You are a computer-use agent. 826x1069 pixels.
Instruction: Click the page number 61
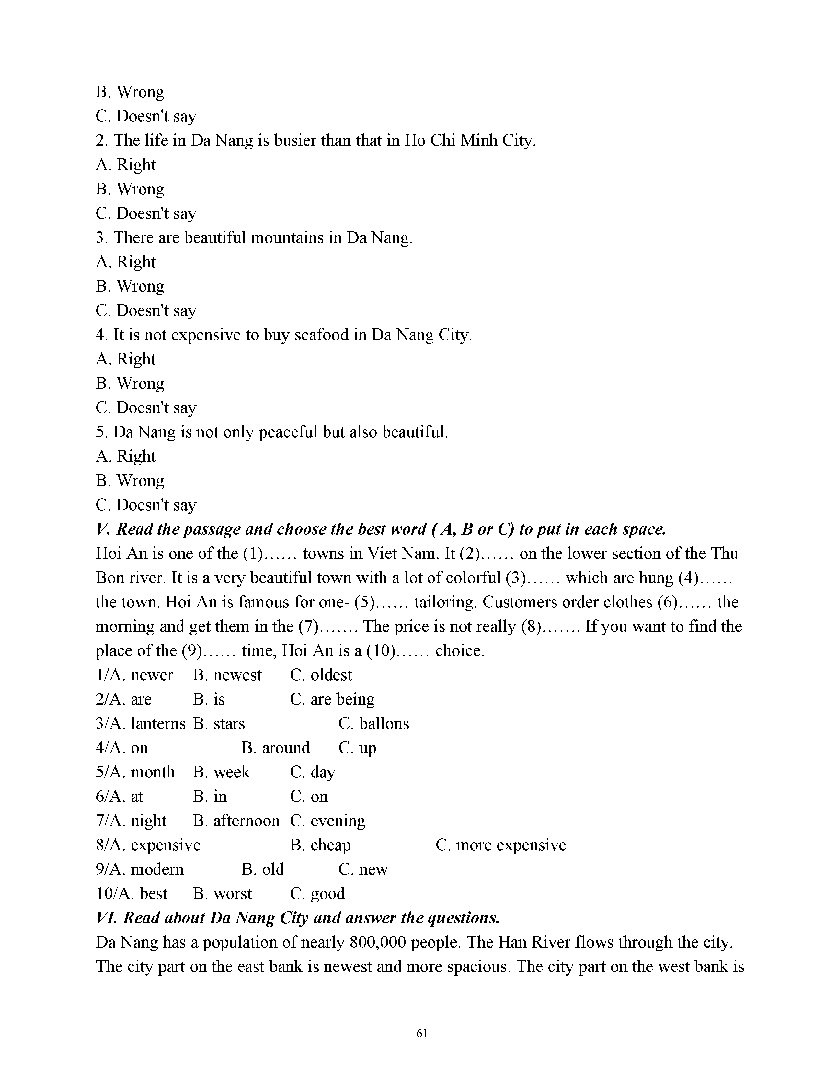tap(422, 1033)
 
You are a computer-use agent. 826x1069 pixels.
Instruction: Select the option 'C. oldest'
tap(320, 675)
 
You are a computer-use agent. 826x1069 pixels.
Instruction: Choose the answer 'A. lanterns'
tap(141, 723)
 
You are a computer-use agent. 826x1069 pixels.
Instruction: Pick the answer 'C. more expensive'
tap(500, 845)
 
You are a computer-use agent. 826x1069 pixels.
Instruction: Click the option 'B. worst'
tap(222, 893)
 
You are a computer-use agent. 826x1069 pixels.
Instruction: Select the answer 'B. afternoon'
tap(236, 820)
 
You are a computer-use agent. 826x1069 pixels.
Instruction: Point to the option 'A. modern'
tap(140, 869)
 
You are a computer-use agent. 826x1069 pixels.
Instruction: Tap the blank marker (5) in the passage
tap(364, 602)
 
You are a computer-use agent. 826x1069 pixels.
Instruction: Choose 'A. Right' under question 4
tap(125, 359)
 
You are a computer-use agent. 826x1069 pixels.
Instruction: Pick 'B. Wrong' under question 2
tap(130, 190)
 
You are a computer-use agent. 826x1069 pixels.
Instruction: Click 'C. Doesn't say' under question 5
tap(146, 505)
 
